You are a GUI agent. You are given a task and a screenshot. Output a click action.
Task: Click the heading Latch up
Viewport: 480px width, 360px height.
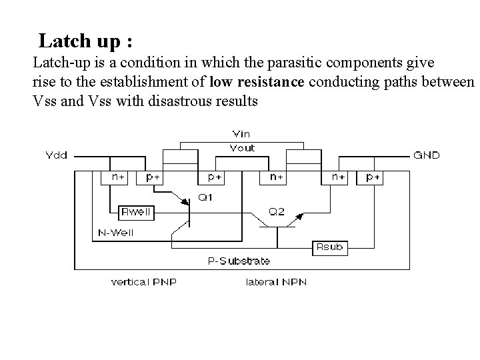click(85, 41)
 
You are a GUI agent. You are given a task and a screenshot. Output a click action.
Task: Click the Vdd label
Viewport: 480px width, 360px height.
click(56, 155)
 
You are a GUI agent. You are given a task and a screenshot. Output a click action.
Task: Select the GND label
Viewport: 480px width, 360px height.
click(427, 155)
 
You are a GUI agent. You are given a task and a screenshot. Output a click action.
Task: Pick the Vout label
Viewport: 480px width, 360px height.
click(241, 147)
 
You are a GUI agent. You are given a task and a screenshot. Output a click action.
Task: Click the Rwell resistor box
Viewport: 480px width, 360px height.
click(136, 212)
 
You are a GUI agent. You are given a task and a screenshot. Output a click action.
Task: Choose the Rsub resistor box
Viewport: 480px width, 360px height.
click(329, 247)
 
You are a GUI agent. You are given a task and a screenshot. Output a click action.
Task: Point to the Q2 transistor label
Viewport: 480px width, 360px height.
click(277, 212)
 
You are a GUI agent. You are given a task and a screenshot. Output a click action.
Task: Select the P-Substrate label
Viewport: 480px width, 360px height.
click(239, 261)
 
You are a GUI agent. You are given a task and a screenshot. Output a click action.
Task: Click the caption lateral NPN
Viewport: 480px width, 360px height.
click(276, 282)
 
